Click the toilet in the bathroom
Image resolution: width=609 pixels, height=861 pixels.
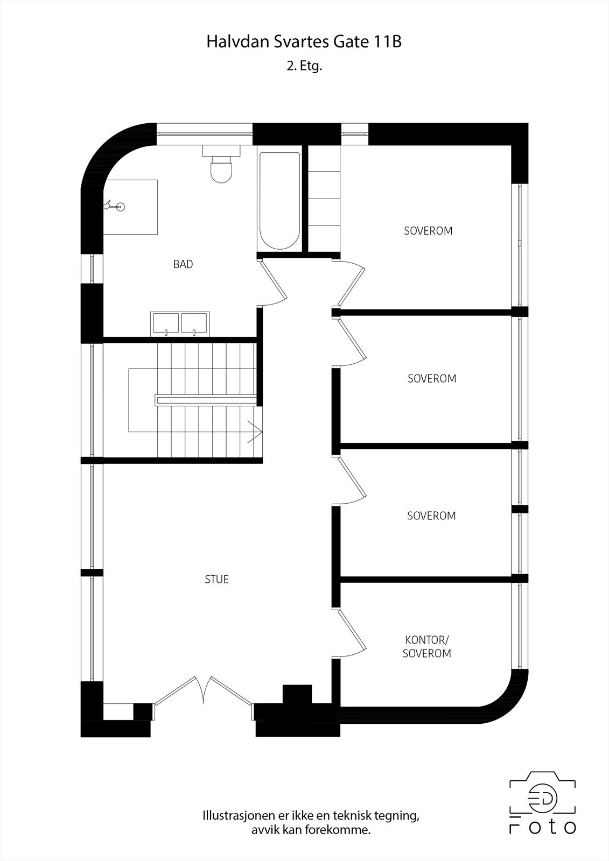click(221, 168)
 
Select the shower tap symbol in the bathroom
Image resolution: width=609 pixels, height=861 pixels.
click(115, 206)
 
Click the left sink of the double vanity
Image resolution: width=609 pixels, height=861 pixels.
click(166, 323)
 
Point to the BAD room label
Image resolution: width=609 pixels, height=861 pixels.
click(183, 264)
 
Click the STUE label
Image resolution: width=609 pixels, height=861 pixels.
click(216, 579)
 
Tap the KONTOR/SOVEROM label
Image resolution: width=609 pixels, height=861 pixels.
click(427, 646)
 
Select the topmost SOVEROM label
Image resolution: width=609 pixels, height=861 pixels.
click(428, 231)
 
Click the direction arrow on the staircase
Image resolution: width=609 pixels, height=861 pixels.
click(255, 432)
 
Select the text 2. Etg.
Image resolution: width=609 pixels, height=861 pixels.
click(304, 66)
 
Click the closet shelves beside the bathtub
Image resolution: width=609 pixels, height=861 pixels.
click(324, 199)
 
